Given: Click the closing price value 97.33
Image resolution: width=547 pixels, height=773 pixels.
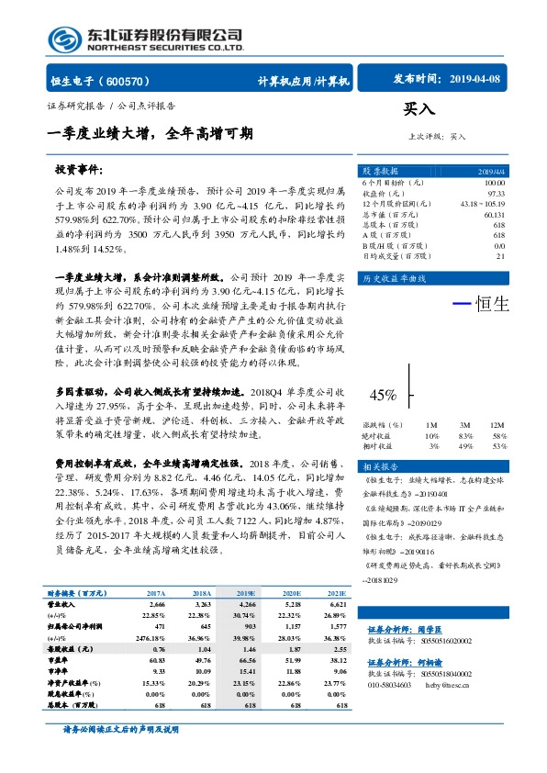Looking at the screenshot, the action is pyautogui.click(x=496, y=194).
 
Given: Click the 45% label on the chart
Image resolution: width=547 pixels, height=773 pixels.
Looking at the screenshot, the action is pyautogui.click(x=383, y=395).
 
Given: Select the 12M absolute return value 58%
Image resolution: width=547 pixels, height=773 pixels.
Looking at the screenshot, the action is pyautogui.click(x=498, y=435).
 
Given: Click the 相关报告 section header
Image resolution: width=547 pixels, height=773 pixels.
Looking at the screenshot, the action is pyautogui.click(x=381, y=467).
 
